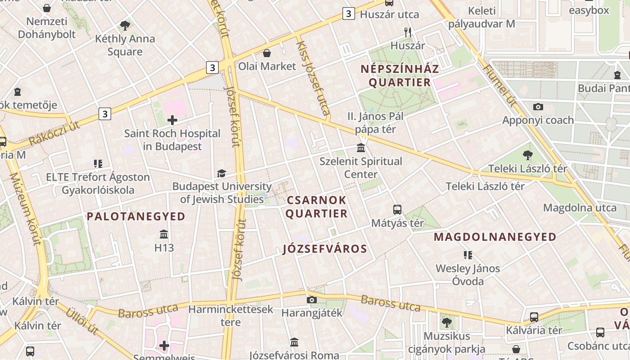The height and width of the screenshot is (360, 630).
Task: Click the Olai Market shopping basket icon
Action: click(267, 53)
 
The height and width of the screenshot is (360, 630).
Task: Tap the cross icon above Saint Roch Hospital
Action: click(172, 120)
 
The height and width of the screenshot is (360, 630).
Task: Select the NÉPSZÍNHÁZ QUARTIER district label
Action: click(400, 76)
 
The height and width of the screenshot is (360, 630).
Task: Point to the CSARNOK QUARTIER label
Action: click(316, 207)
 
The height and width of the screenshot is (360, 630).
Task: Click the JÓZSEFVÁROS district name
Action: click(325, 249)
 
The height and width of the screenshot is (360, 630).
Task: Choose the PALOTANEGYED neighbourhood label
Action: click(136, 216)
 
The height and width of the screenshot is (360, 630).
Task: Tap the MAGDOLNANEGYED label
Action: click(495, 237)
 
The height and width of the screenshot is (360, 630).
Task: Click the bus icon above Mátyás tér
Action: click(397, 209)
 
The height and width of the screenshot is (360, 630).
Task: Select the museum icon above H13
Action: click(164, 234)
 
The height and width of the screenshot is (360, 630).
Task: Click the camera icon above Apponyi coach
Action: click(538, 107)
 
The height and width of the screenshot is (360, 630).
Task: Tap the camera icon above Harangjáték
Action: click(311, 300)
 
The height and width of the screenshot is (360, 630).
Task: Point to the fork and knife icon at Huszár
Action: click(408, 32)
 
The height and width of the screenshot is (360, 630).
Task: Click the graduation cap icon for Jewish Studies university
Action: click(221, 173)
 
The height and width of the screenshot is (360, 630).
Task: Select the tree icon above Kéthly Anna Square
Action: click(125, 26)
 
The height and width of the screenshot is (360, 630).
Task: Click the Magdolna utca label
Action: click(580, 207)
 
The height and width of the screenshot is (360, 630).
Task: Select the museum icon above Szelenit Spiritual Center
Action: click(360, 148)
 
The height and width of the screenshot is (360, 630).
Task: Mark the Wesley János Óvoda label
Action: click(468, 275)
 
